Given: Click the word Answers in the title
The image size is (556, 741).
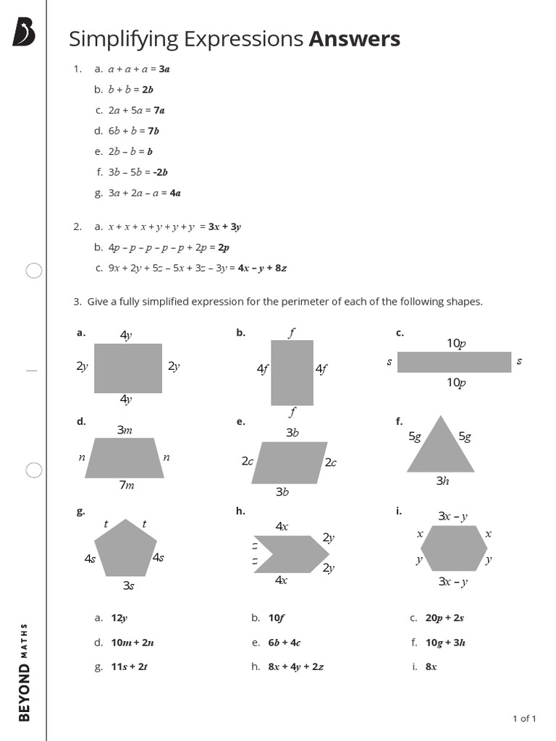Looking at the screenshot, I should (x=354, y=39).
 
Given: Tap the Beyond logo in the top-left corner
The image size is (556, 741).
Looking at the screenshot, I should (x=23, y=33).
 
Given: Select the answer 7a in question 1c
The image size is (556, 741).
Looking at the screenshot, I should (x=159, y=111).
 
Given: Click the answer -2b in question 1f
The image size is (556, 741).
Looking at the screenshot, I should (x=161, y=172).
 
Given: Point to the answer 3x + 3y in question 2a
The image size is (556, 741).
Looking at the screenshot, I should (x=224, y=226).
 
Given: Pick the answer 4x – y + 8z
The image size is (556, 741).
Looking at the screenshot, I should (x=262, y=268).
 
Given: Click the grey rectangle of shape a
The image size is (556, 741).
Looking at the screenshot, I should (x=127, y=368).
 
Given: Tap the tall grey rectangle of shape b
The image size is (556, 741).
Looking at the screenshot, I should (x=292, y=372).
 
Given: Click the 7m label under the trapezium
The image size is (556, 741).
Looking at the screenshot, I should (x=127, y=486).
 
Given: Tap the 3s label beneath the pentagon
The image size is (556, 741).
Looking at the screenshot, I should (x=128, y=585).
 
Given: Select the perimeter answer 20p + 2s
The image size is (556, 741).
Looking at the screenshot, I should (x=445, y=618).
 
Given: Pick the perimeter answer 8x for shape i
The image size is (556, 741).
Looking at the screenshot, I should (x=431, y=666).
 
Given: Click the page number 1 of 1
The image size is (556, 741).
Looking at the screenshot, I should (x=523, y=719).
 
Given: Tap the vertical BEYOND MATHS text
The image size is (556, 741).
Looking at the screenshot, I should (x=25, y=672).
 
